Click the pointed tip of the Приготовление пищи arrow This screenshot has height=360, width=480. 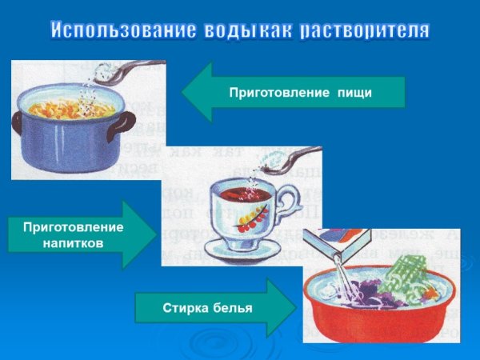pyautogui.click(x=183, y=92)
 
